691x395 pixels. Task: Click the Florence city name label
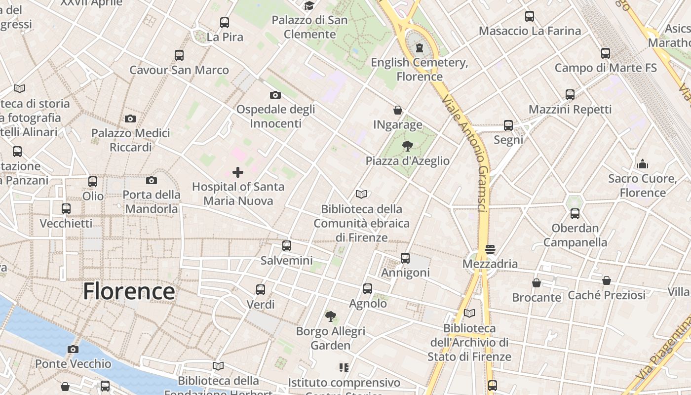tap(129, 291)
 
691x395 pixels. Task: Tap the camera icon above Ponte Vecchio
tap(73, 350)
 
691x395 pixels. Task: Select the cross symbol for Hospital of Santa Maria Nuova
tap(238, 172)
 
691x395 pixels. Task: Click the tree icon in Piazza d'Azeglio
tap(407, 146)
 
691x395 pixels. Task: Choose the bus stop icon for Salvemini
tap(287, 246)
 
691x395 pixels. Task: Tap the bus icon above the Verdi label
tap(261, 290)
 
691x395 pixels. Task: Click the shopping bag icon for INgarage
tap(398, 110)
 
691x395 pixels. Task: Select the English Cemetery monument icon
tap(420, 48)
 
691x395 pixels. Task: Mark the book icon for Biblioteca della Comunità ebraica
tap(361, 195)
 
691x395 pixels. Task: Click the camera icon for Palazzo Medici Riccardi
tap(130, 118)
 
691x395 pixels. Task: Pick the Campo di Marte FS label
tap(606, 68)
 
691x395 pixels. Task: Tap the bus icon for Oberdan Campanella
tap(575, 214)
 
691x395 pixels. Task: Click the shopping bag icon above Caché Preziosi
tap(607, 281)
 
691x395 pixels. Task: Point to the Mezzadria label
tap(490, 264)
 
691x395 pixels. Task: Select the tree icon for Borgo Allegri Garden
tap(330, 316)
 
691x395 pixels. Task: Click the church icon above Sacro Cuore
tap(643, 164)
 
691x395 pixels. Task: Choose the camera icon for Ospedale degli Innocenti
tap(275, 95)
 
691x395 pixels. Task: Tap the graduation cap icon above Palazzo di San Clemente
tap(309, 6)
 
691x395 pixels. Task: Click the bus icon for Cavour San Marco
tap(179, 55)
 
